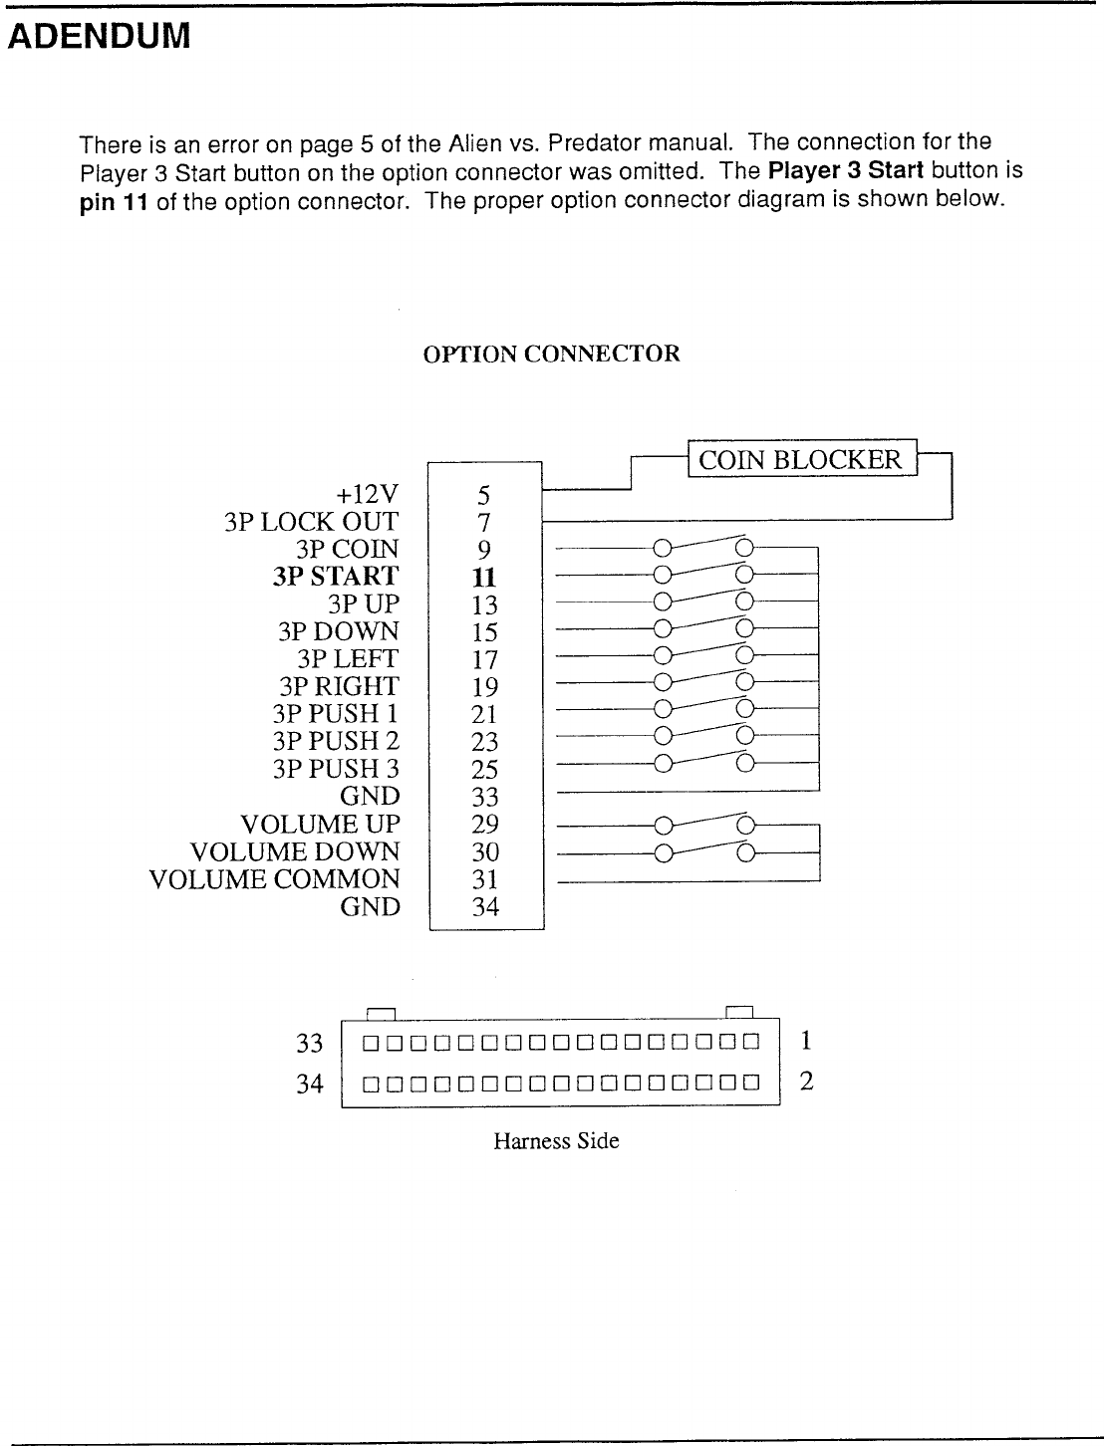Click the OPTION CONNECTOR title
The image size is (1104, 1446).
tap(552, 355)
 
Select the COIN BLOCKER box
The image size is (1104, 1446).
tap(800, 459)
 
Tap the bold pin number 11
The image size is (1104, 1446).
tap(484, 578)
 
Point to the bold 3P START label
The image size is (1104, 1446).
tap(335, 577)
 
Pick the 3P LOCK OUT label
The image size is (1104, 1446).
tap(311, 522)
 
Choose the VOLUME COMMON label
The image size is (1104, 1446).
tap(274, 879)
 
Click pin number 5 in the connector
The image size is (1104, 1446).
tap(484, 495)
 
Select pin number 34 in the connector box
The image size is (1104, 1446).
tap(485, 907)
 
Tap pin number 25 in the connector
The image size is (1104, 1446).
tap(485, 770)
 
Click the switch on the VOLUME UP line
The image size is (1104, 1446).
tap(702, 824)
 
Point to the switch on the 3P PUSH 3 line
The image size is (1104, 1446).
tap(702, 765)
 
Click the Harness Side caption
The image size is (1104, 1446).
tap(556, 1141)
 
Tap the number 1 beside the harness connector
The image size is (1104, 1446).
tap(806, 1042)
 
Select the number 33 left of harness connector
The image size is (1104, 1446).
tap(311, 1044)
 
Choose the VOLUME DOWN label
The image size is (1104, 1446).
tap(294, 852)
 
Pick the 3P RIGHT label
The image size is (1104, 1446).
tap(339, 687)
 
